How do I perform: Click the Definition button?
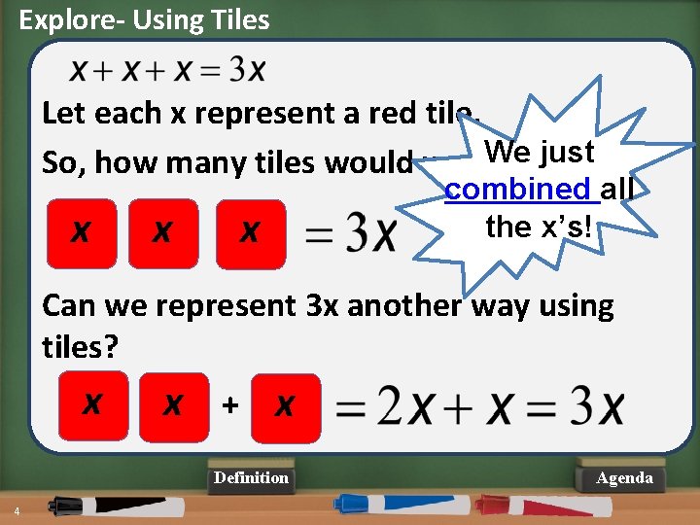point(251,477)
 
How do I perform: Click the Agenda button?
point(624,477)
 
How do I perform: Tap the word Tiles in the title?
point(237,19)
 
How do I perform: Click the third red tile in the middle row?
point(250,233)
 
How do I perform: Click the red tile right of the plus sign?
point(284,404)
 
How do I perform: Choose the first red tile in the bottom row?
point(92,401)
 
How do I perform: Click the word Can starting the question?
point(72,306)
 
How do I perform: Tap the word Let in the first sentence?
point(65,113)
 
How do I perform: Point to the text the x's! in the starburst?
point(539,227)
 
